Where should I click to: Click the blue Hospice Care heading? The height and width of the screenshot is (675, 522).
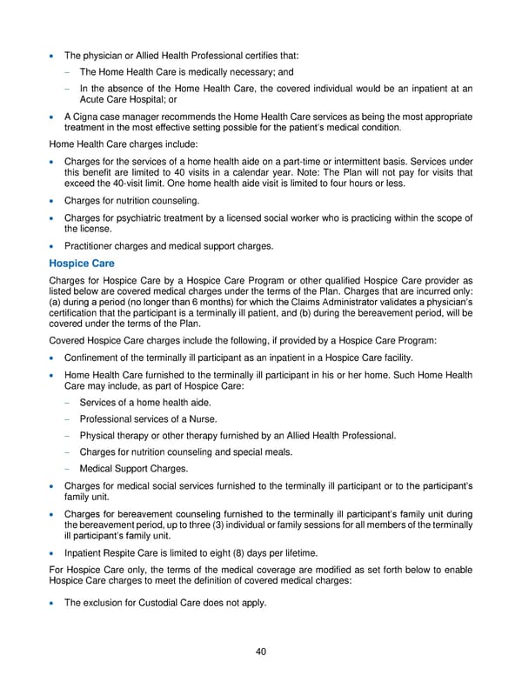pyautogui.click(x=83, y=263)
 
